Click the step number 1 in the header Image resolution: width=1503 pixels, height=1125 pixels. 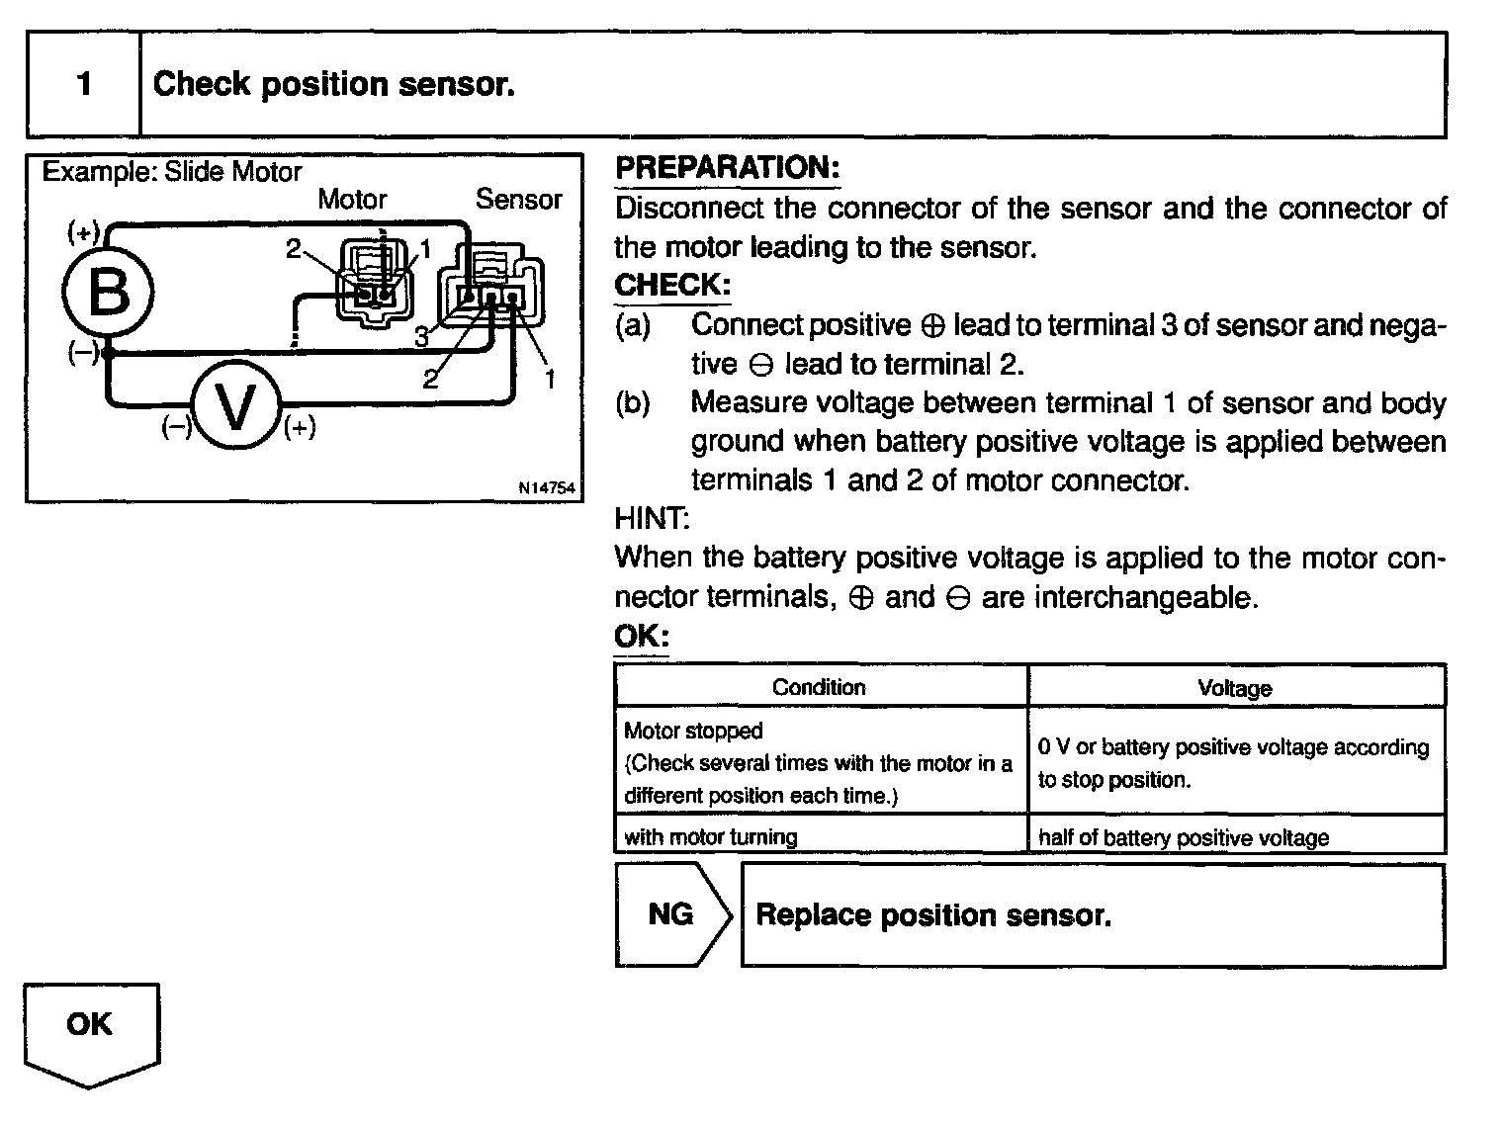pyautogui.click(x=84, y=84)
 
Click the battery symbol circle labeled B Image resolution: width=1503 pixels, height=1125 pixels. pyautogui.click(x=108, y=293)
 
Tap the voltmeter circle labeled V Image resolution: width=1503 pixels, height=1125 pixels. pyautogui.click(x=235, y=406)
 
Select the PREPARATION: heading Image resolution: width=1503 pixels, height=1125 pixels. pyautogui.click(x=727, y=168)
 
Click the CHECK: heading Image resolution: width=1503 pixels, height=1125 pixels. pyautogui.click(x=672, y=286)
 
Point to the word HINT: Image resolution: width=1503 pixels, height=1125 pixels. pyautogui.click(x=652, y=519)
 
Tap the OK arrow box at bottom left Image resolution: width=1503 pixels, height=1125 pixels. pyautogui.click(x=90, y=1028)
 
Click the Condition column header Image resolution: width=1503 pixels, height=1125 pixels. pyautogui.click(x=819, y=687)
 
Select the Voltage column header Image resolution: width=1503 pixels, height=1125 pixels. pyautogui.click(x=1234, y=688)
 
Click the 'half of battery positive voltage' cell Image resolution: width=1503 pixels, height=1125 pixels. pyautogui.click(x=1184, y=838)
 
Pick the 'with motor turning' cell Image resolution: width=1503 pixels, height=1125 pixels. pyautogui.click(x=711, y=837)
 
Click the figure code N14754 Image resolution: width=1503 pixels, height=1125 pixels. pyautogui.click(x=546, y=488)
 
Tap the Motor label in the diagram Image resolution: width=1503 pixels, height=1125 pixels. pyautogui.click(x=352, y=200)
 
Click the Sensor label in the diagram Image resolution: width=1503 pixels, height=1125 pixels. pyautogui.click(x=518, y=200)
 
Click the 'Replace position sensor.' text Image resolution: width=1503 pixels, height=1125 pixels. pyautogui.click(x=932, y=915)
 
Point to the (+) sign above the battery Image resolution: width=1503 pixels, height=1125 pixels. pyautogui.click(x=83, y=232)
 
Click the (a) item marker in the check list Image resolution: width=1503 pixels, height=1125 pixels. pyautogui.click(x=633, y=325)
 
